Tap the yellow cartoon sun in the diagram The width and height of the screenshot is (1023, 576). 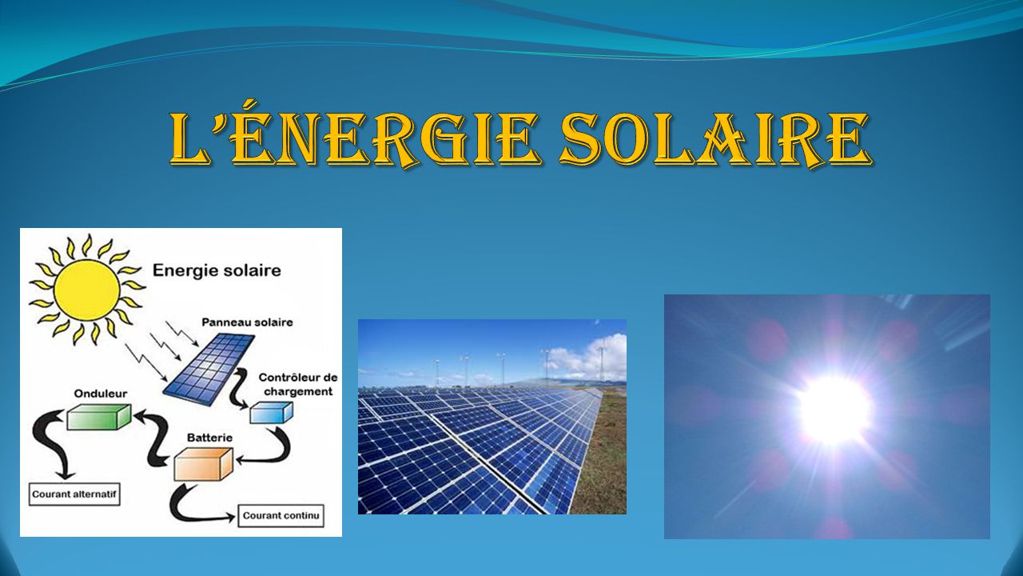tap(87, 290)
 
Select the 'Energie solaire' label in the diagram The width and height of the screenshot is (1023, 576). tap(217, 270)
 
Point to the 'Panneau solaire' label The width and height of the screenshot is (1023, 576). tap(247, 322)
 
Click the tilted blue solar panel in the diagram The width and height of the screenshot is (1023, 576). tap(209, 370)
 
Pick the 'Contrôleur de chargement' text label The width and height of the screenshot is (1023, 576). tap(298, 385)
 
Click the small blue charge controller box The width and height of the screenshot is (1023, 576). tap(271, 412)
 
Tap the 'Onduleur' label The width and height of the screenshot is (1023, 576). tap(101, 394)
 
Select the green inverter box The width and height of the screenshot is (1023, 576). tap(99, 417)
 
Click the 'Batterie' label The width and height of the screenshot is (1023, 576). tap(209, 438)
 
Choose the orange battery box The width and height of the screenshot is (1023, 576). tap(204, 463)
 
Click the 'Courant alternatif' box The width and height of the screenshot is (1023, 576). tap(74, 494)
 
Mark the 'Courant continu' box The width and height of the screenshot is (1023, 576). tap(281, 516)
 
